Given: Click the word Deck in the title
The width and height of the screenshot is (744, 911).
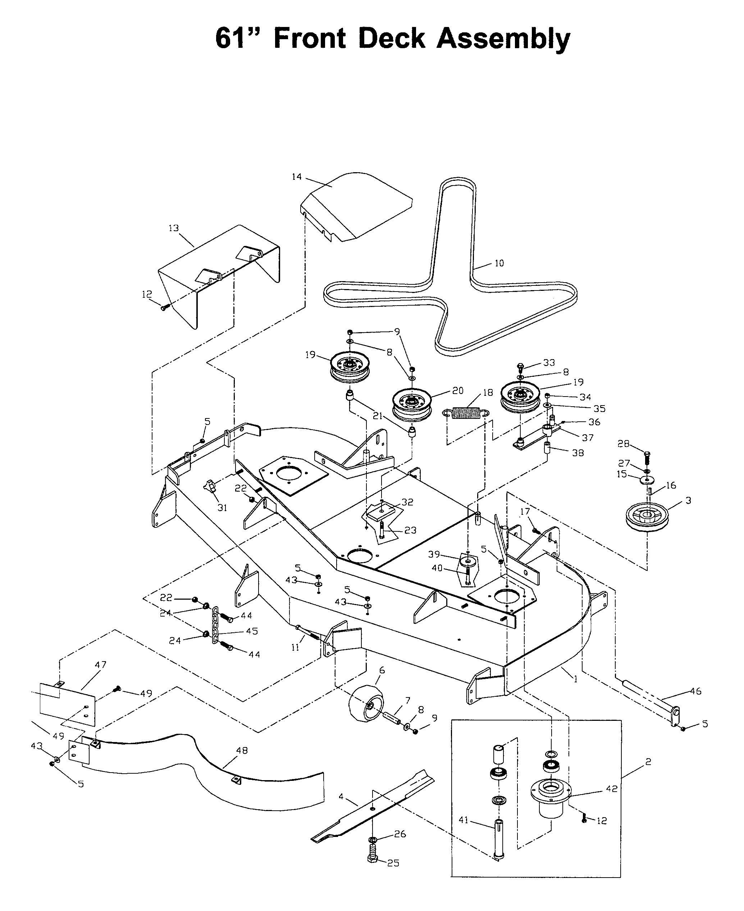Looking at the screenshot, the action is coord(391,38).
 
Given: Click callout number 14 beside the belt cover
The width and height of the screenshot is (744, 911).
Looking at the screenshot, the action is coord(297,177).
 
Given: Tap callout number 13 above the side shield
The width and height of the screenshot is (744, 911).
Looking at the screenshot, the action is coord(174,228).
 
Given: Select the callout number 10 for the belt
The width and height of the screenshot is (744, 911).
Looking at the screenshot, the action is coord(499,263).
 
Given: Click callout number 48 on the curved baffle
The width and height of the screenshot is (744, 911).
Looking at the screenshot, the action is coord(242,750).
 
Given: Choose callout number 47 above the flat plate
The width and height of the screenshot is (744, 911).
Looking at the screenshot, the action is coord(100,665).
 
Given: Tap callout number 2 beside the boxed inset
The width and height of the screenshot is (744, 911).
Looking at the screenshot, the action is coord(648,761).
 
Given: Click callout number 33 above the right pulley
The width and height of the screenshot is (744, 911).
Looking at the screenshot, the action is coord(549,362).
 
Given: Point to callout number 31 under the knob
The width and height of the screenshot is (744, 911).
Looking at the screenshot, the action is coord(222,508).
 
